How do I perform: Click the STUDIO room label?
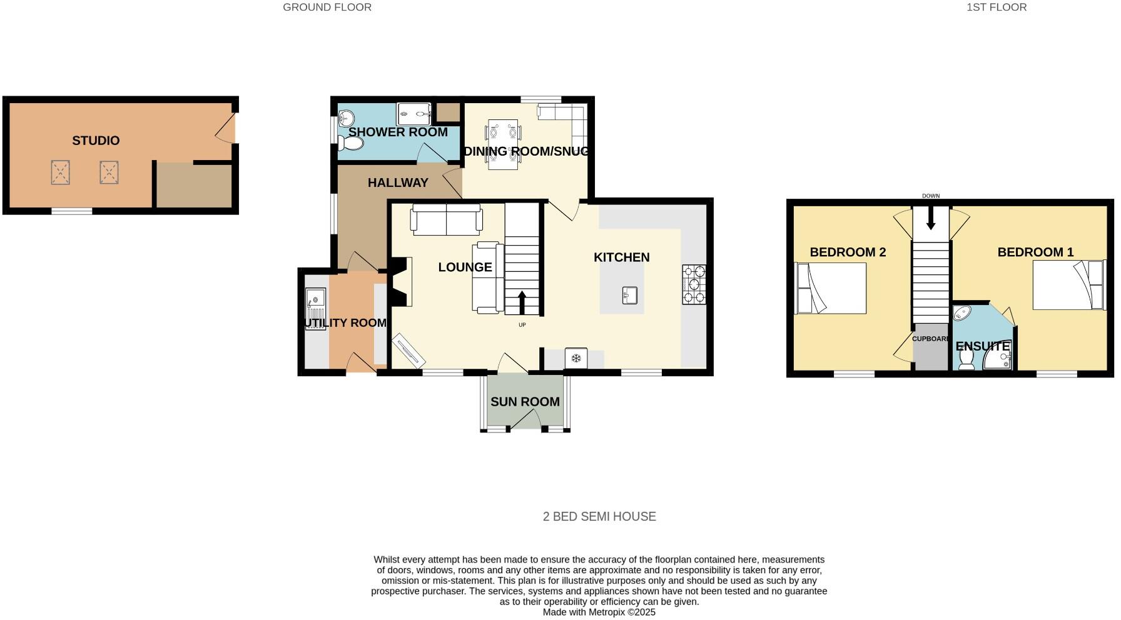click(x=96, y=141)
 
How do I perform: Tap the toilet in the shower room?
click(x=350, y=144)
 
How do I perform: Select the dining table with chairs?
click(x=504, y=144)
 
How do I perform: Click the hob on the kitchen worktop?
click(x=694, y=284)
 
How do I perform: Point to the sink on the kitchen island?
click(x=629, y=296)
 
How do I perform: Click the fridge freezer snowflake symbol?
click(x=576, y=359)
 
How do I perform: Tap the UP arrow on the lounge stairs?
click(x=522, y=303)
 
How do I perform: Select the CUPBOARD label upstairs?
click(x=930, y=339)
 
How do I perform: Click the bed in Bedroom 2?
click(x=831, y=288)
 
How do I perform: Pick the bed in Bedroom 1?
click(x=1068, y=285)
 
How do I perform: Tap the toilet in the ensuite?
click(x=966, y=359)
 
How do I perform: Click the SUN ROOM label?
click(x=525, y=402)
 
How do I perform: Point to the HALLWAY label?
click(x=398, y=182)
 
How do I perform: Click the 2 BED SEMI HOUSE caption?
click(x=599, y=517)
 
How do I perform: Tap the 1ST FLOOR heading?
click(x=997, y=7)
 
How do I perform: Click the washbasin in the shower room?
click(x=346, y=117)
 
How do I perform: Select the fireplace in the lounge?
click(x=400, y=282)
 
